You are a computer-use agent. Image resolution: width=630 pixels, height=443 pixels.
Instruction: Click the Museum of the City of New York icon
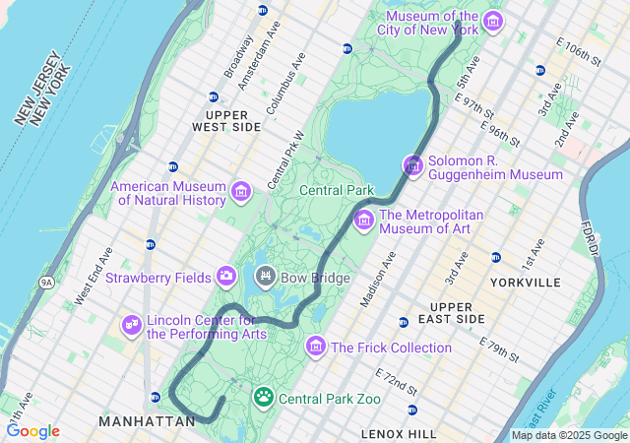493,23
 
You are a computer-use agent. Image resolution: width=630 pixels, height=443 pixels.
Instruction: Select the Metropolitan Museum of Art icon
364,220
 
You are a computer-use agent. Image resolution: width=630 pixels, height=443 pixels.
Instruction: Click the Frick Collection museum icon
316,347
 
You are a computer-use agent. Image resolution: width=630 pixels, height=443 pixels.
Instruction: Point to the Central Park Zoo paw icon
264,398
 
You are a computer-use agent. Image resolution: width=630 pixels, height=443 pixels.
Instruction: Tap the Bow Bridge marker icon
265,278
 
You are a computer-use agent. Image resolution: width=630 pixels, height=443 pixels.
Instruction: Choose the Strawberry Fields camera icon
226,277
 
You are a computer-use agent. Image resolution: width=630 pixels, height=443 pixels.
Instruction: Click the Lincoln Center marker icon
132,324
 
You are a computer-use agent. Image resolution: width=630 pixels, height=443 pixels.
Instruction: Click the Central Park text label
337,190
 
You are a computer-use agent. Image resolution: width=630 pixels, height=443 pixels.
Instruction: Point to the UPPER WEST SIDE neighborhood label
226,121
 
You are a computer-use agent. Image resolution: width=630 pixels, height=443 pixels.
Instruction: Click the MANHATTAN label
147,421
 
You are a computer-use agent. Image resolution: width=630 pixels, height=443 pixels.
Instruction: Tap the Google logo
32,430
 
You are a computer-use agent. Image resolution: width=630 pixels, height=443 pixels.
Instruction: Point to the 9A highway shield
46,283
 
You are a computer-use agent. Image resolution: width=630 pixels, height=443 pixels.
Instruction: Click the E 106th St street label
579,53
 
